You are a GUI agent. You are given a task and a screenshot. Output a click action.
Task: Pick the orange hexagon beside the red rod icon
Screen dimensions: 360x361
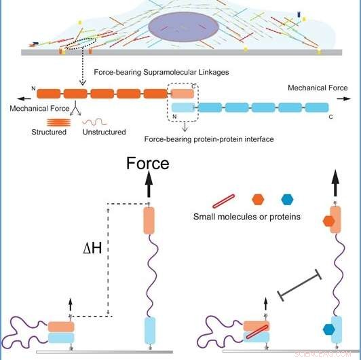point(258,200)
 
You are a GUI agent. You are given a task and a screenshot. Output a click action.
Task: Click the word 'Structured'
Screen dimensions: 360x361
point(47,132)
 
